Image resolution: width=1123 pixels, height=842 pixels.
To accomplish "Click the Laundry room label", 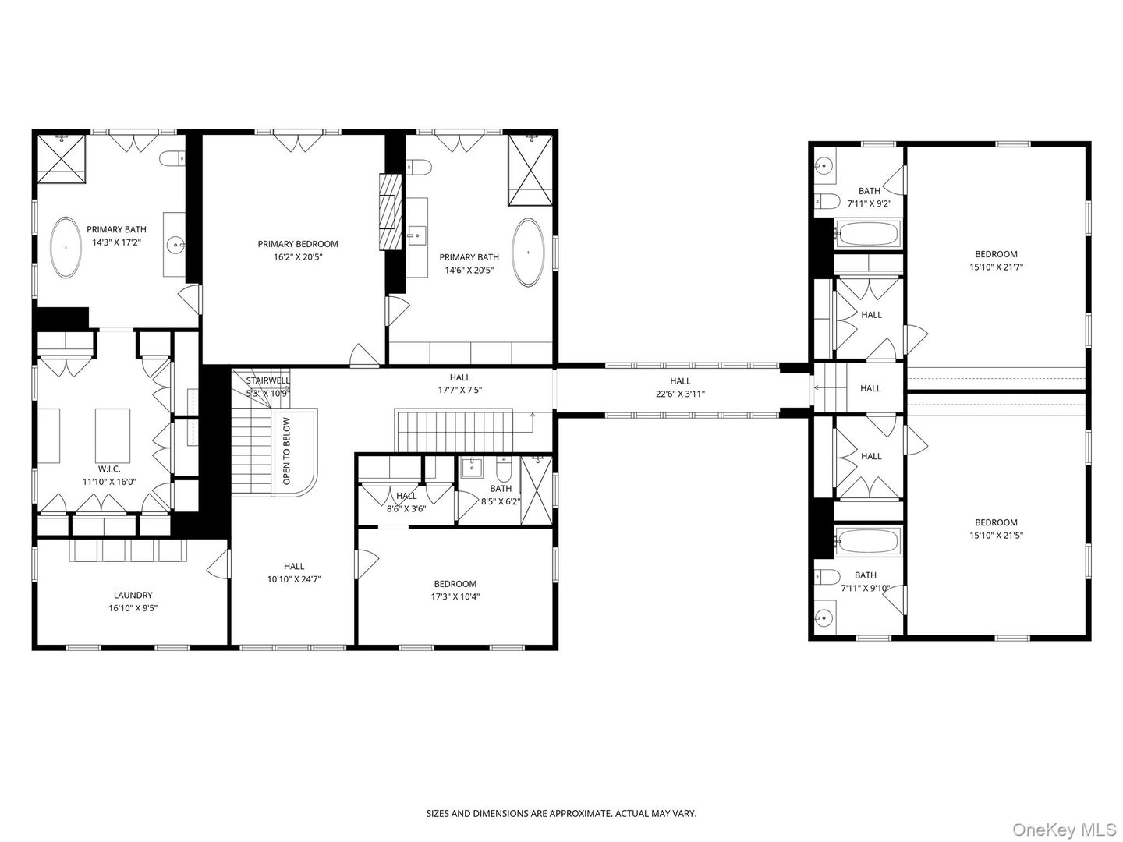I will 131,595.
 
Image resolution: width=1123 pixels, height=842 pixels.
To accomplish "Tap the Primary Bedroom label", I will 298,244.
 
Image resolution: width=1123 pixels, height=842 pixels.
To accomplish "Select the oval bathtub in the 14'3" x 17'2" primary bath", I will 66,247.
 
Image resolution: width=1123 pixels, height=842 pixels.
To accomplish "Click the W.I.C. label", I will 109,469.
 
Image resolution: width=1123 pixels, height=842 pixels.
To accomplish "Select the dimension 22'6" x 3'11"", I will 680,394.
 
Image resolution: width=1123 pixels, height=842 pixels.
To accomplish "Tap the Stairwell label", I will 267,380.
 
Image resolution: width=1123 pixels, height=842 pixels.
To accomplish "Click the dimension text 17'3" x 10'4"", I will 455,597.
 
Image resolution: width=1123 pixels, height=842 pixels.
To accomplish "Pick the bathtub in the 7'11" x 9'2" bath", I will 866,233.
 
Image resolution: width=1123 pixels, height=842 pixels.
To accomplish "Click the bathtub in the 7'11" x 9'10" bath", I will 866,540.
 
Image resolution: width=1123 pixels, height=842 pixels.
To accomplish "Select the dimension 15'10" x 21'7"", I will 996,267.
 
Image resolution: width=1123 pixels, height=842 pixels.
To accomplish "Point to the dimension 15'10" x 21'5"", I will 996,536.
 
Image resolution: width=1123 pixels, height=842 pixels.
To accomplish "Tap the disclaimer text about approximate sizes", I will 561,813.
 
